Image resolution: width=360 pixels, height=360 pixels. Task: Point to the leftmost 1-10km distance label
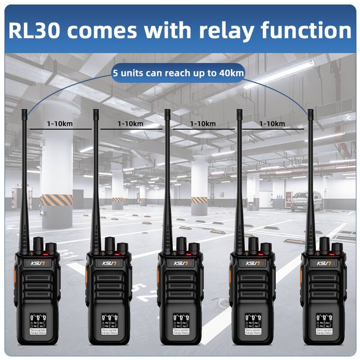pos(60,123)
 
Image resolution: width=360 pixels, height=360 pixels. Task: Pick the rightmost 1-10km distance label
pos(272,123)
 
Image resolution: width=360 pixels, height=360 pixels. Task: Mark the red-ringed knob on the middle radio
pos(194,247)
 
